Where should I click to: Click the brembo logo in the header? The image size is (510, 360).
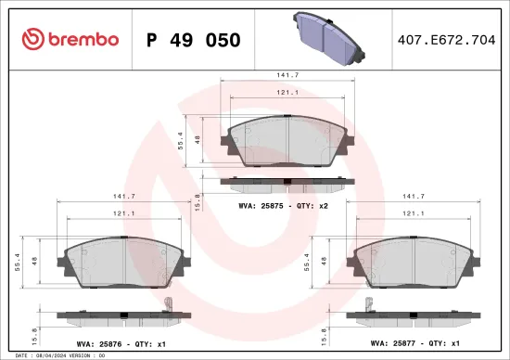click(x=70, y=40)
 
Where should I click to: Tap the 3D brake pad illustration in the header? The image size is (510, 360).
click(x=328, y=33)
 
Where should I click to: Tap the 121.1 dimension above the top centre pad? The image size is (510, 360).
click(x=284, y=93)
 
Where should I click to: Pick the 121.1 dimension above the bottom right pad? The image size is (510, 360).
click(x=413, y=213)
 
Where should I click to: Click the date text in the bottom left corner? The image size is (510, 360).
click(x=46, y=355)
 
